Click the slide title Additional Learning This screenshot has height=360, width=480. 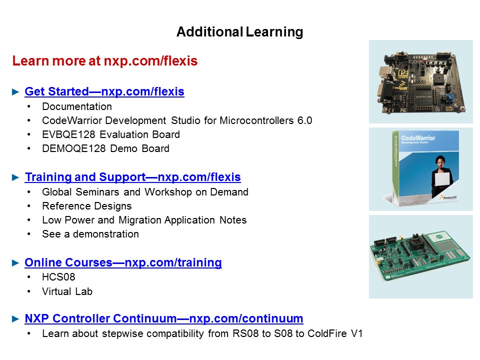coord(239,32)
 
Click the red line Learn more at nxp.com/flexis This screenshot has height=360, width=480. coord(105,61)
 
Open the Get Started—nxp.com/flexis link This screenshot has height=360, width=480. coord(104,92)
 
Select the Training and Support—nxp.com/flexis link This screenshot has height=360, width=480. coord(132,177)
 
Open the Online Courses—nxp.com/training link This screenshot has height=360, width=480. coord(123,263)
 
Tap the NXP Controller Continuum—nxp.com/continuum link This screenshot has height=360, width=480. coord(163,319)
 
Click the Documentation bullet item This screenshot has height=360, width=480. coord(77,106)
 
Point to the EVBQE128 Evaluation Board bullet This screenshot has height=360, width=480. coord(111,134)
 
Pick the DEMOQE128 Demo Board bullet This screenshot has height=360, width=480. coord(105,148)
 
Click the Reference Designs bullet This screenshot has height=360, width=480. coord(87,206)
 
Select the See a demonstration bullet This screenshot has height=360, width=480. coord(90,234)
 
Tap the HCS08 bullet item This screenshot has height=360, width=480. coord(58,277)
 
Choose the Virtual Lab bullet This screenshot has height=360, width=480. coord(67,291)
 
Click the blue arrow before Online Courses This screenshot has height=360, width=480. coord(15,263)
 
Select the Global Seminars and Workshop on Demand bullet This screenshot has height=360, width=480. coord(145,192)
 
